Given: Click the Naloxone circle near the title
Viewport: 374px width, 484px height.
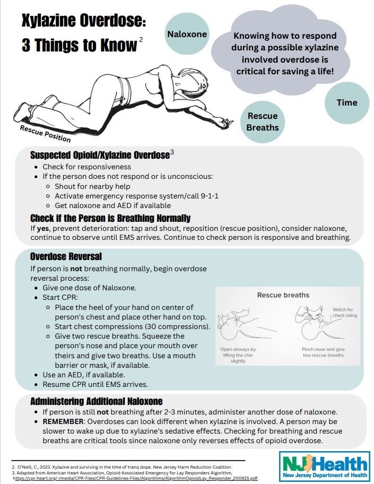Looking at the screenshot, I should pyautogui.click(x=187, y=34).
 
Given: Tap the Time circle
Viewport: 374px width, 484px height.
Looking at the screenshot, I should pyautogui.click(x=347, y=102).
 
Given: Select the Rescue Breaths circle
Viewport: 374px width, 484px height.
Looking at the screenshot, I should pyautogui.click(x=262, y=122).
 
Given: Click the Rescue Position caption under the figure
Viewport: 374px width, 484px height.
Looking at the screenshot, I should pyautogui.click(x=45, y=134).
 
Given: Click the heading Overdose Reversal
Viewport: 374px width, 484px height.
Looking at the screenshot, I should pyautogui.click(x=66, y=256).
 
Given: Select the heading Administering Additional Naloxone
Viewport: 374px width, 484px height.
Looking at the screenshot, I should pyautogui.click(x=96, y=401).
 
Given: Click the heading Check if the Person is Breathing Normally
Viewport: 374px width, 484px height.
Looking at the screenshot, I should pyautogui.click(x=110, y=218).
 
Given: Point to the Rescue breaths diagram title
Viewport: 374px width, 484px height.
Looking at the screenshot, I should pyautogui.click(x=283, y=295).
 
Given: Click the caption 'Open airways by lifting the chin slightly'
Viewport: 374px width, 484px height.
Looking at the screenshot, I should pyautogui.click(x=238, y=355).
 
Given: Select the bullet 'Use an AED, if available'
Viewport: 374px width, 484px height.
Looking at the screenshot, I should pyautogui.click(x=84, y=375).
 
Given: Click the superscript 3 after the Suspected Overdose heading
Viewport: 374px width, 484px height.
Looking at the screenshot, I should pyautogui.click(x=171, y=153).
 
